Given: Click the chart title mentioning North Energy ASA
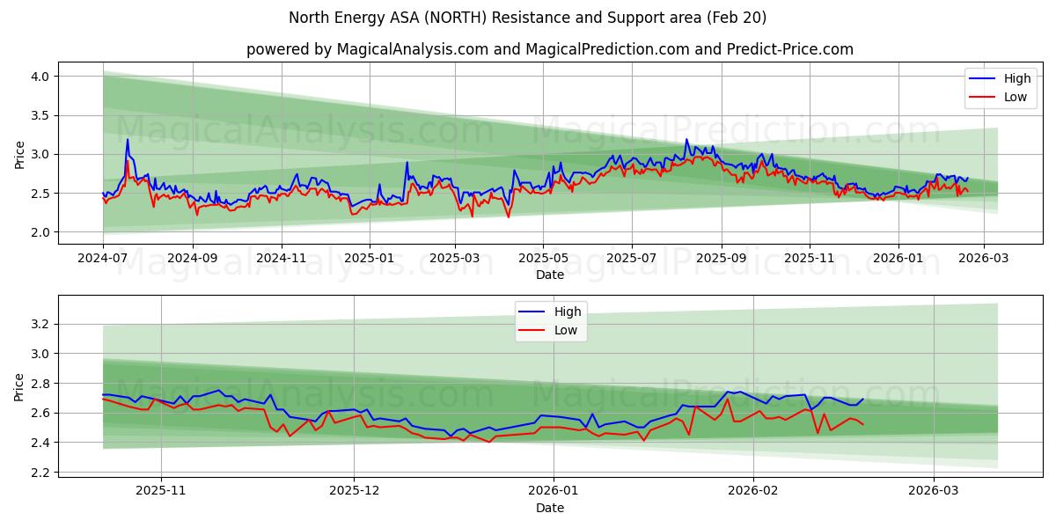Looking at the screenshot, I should click(x=527, y=18).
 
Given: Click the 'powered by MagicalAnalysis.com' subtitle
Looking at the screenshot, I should click(x=549, y=49).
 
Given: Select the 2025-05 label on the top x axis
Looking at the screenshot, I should click(x=543, y=259).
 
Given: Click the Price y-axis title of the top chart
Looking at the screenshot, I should click(x=20, y=154).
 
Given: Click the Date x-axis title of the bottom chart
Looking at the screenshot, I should click(x=549, y=508).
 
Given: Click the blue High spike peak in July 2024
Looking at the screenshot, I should click(x=127, y=140).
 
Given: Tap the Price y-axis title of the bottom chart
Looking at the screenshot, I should click(x=20, y=387).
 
